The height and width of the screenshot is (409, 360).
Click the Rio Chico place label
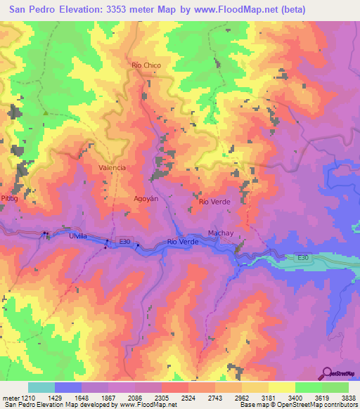coord(146,65)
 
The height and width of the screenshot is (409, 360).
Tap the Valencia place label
coord(112,167)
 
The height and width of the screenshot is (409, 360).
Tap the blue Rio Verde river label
coord(183,242)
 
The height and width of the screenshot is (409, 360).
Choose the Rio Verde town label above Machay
coord(214,202)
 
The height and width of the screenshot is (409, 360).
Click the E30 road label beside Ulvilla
coord(124,242)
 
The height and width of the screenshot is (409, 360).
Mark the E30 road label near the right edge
coord(302,258)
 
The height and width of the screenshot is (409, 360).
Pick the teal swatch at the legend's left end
coord(41,387)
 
